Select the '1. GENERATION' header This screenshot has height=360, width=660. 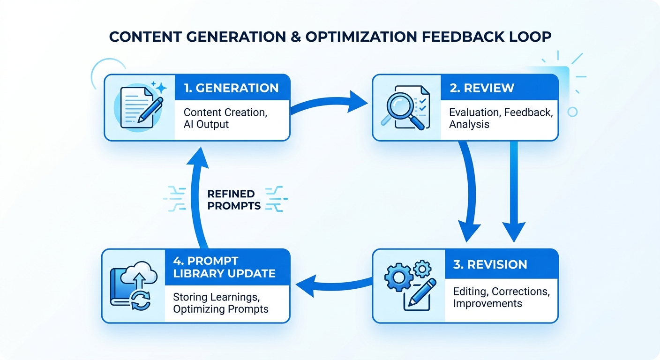231,88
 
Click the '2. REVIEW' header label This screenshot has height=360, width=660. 481,88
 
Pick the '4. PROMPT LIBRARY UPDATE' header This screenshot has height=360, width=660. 224,267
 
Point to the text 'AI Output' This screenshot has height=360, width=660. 206,124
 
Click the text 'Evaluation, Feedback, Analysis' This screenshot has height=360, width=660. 501,118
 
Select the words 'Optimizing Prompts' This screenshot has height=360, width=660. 221,309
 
